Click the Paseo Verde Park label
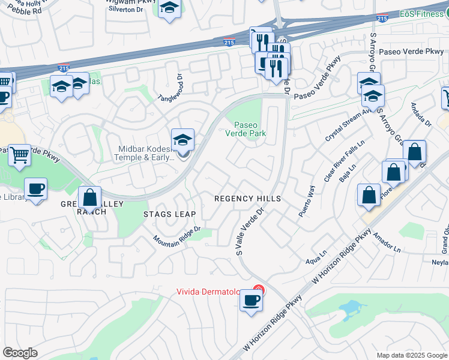246,129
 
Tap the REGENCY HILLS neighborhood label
248,198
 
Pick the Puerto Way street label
306,200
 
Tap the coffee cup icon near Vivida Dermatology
250,301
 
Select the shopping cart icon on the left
20,155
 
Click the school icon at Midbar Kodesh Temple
182,141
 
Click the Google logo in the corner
20,353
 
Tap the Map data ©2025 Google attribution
411,355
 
